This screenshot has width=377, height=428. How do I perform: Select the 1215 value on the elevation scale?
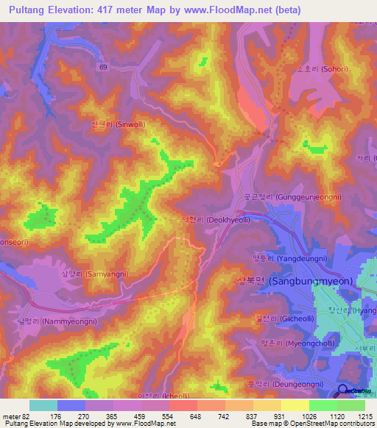(x=366, y=417)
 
